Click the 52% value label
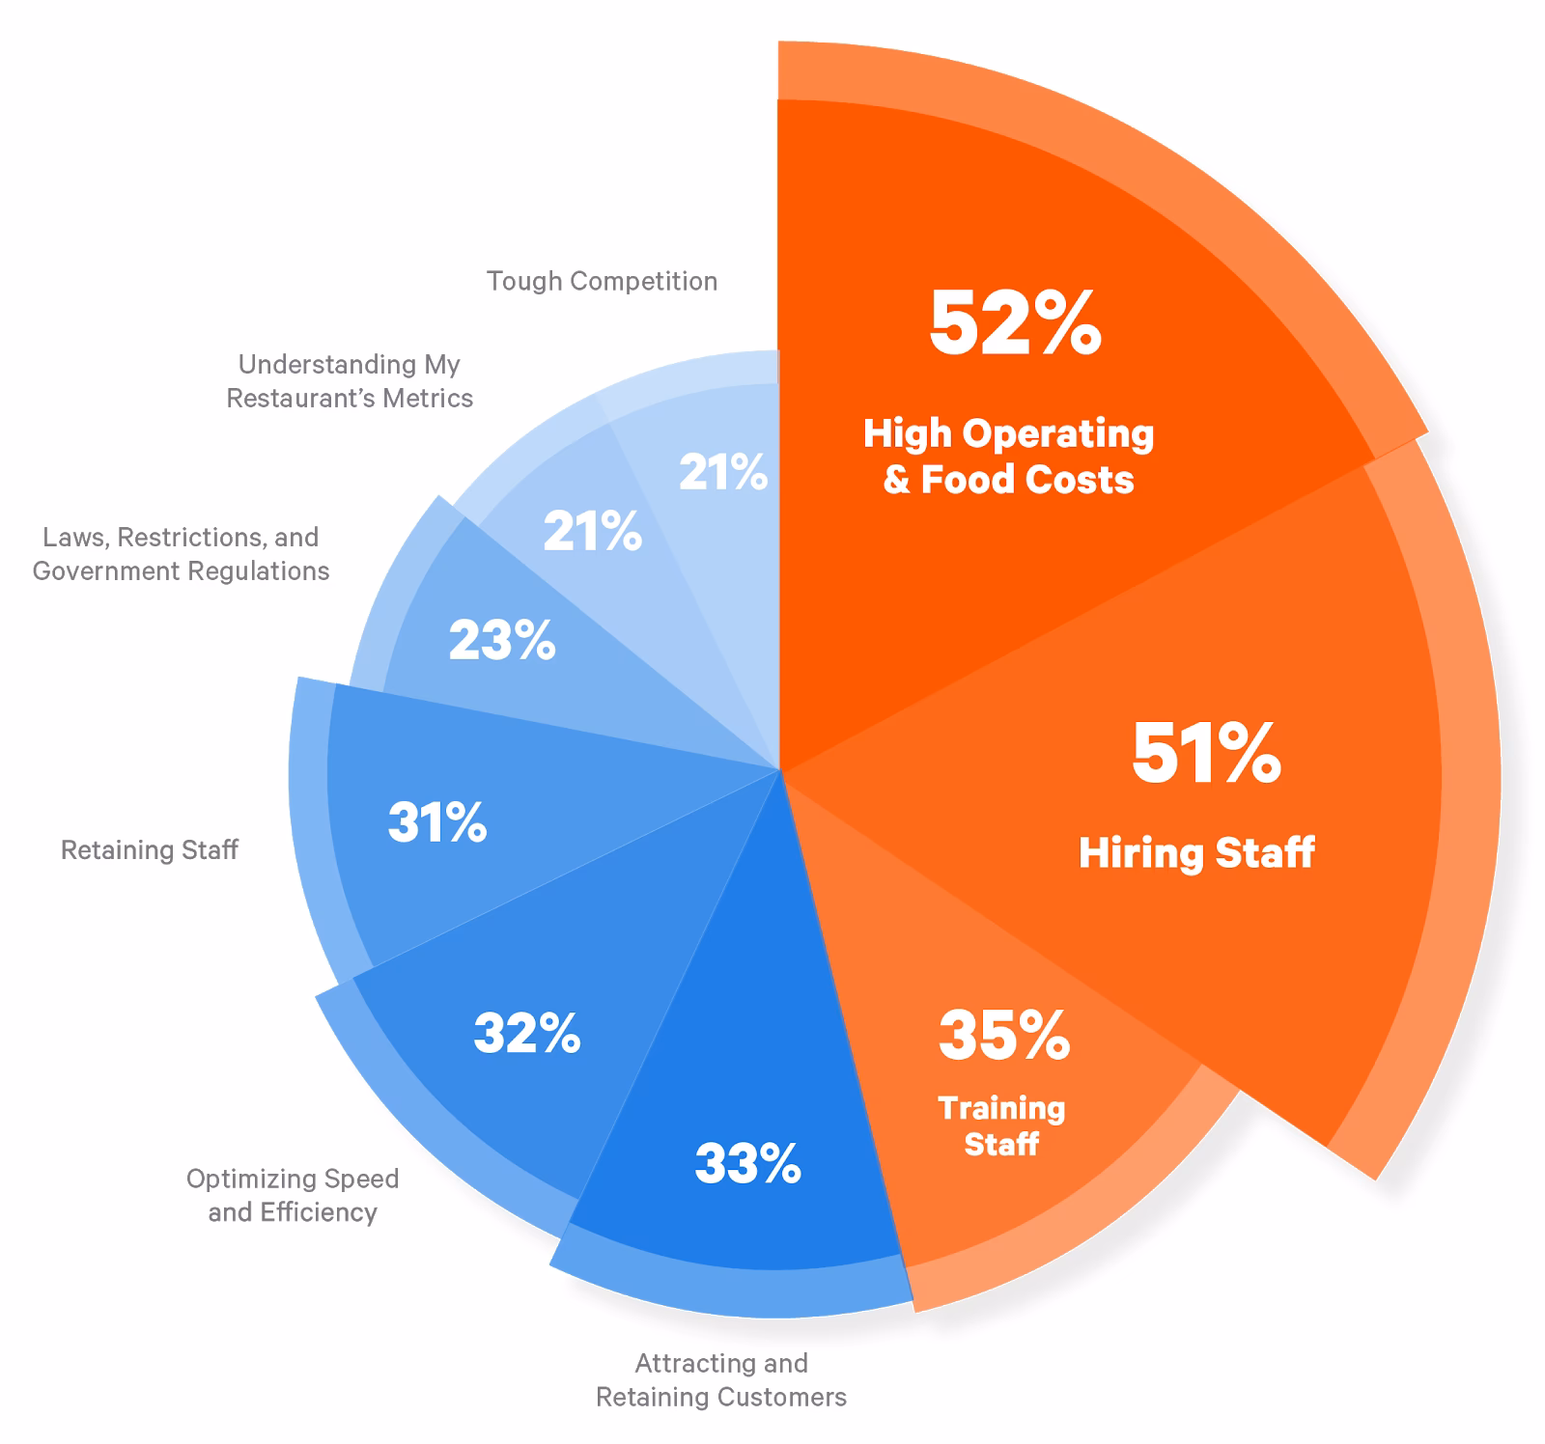pyautogui.click(x=1015, y=323)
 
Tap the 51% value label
pyautogui.click(x=1206, y=753)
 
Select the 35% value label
pyautogui.click(x=1004, y=1035)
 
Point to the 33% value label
pyautogui.click(x=747, y=1163)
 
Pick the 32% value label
pyautogui.click(x=527, y=1033)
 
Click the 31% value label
pyautogui.click(x=437, y=822)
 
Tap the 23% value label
pyautogui.click(x=502, y=640)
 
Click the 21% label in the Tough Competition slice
pyautogui.click(x=723, y=472)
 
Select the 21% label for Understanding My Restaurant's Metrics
pyautogui.click(x=592, y=532)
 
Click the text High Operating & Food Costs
pyautogui.click(x=1008, y=456)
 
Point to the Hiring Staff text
pyautogui.click(x=1196, y=853)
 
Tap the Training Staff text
pyautogui.click(x=1001, y=1125)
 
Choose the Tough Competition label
pyautogui.click(x=602, y=281)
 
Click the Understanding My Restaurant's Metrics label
pyautogui.click(x=350, y=381)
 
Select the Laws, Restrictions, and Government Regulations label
pyautogui.click(x=181, y=554)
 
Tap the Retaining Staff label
pyautogui.click(x=149, y=850)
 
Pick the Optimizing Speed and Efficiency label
pyautogui.click(x=293, y=1195)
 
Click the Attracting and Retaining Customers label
pyautogui.click(x=721, y=1379)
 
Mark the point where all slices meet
pyautogui.click(x=779, y=770)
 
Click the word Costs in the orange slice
pyautogui.click(x=1077, y=480)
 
